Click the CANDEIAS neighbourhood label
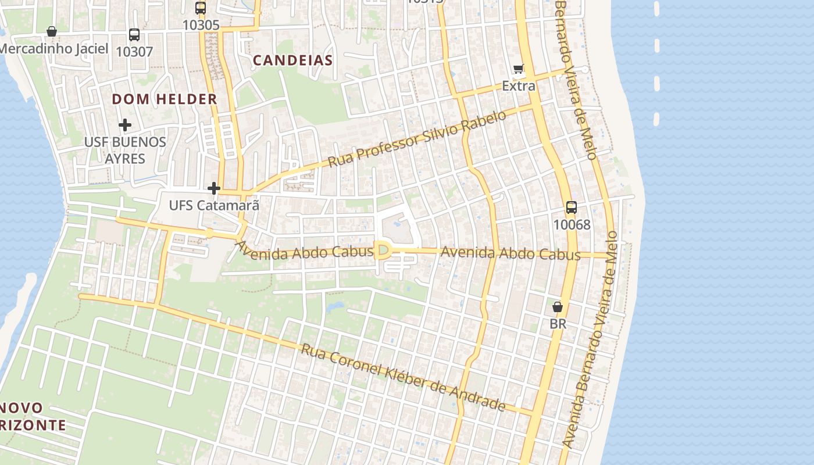(293, 60)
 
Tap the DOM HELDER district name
(165, 99)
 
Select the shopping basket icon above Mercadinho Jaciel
(52, 31)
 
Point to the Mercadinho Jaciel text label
(54, 48)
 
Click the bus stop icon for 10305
(201, 8)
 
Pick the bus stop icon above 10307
(134, 35)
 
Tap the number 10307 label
(134, 52)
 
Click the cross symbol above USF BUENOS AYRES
(125, 125)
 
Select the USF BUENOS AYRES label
(125, 150)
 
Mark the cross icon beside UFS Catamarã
(214, 188)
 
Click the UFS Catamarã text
(213, 205)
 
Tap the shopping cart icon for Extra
(519, 69)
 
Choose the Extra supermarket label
(519, 86)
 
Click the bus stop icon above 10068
(572, 208)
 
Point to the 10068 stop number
(572, 224)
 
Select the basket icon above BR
(558, 307)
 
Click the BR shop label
(558, 324)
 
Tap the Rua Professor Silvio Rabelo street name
(417, 139)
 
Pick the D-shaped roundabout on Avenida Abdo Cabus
(382, 251)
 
